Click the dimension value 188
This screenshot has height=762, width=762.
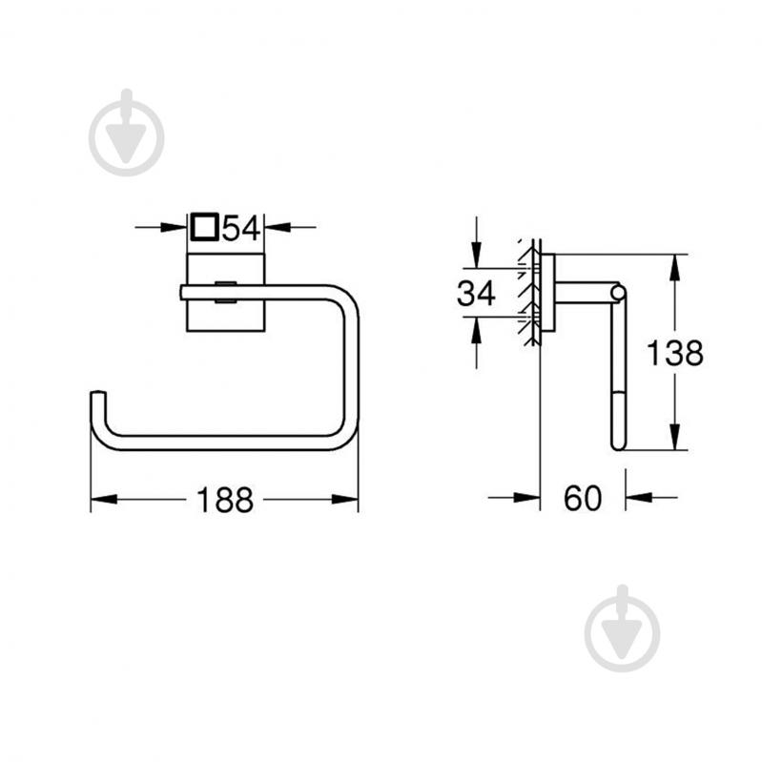tap(225, 499)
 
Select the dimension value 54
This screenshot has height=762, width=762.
tap(242, 228)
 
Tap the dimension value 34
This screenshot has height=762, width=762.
tap(476, 294)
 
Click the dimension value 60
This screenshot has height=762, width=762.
tap(583, 498)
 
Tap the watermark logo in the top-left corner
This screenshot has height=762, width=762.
tap(126, 134)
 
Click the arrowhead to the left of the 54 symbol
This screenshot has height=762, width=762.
tap(175, 227)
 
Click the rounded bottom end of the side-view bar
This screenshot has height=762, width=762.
tap(619, 441)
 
